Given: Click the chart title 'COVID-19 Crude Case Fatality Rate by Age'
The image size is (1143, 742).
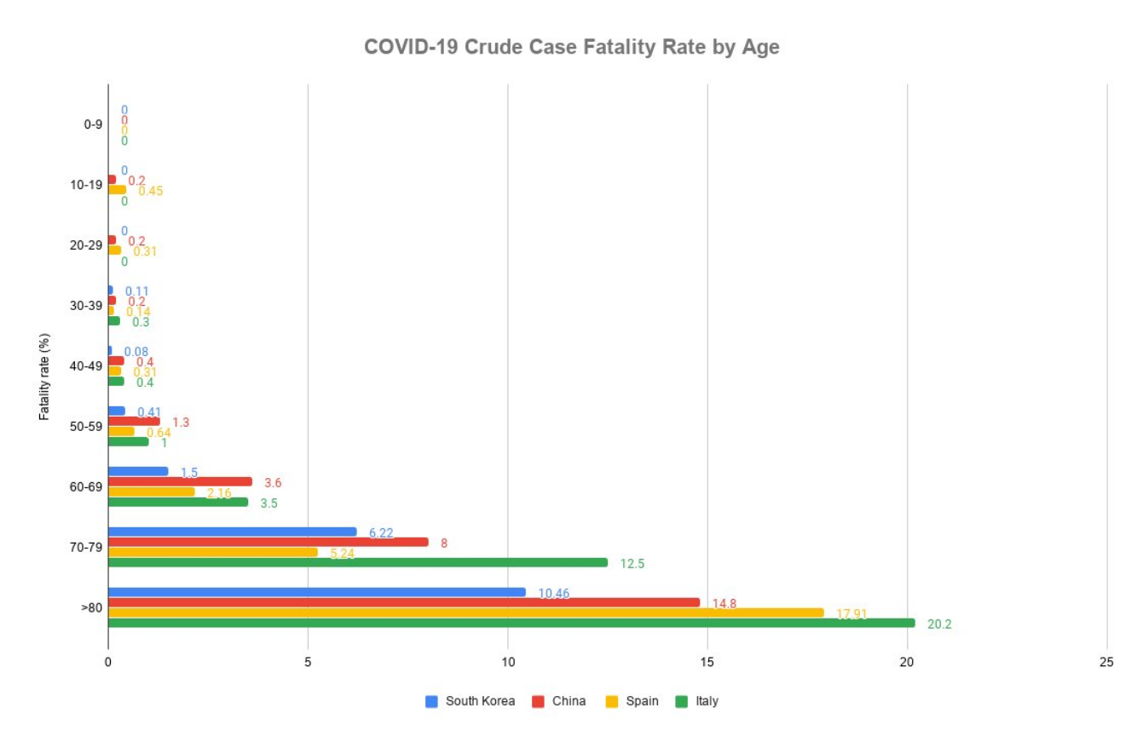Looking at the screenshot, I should tap(571, 48).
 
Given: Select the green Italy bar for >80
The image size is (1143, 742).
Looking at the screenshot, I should tap(511, 623).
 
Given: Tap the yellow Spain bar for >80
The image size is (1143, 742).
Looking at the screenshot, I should tap(465, 613).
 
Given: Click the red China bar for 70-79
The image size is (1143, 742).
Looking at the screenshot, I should tap(268, 542).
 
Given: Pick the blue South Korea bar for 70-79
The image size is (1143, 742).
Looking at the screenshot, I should tap(232, 532).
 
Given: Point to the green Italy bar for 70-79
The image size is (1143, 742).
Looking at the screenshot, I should tap(358, 562).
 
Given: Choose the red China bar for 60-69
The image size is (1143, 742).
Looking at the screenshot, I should tap(180, 481).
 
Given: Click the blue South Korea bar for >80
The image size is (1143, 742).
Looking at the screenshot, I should tap(316, 592).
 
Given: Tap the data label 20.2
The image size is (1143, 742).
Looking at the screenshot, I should tap(939, 624).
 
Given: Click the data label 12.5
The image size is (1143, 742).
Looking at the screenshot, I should tap(632, 563).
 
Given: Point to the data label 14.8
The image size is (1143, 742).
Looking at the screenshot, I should tap(724, 603).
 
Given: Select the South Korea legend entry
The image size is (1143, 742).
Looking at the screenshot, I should tap(470, 701).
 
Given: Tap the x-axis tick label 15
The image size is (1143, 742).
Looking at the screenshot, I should tap(707, 663).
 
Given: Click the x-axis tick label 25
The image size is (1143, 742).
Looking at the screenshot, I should tap(1106, 663).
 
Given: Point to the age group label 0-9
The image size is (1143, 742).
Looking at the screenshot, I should tap(93, 124).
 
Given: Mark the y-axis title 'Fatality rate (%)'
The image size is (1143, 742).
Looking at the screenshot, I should tap(43, 376).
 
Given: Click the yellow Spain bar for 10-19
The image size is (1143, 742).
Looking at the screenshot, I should tap(117, 190).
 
